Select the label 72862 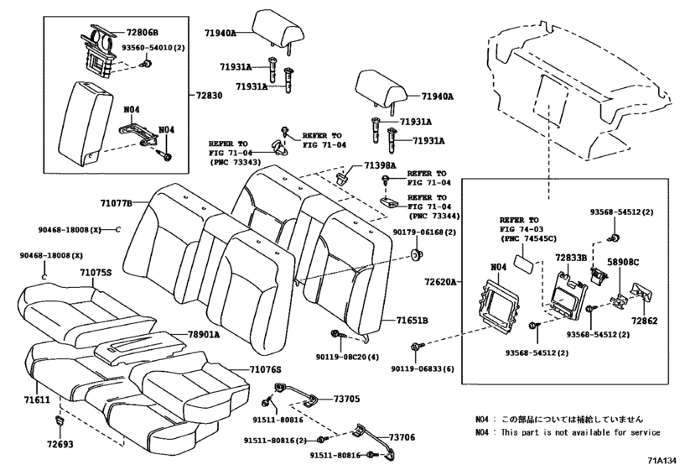point(645,321)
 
